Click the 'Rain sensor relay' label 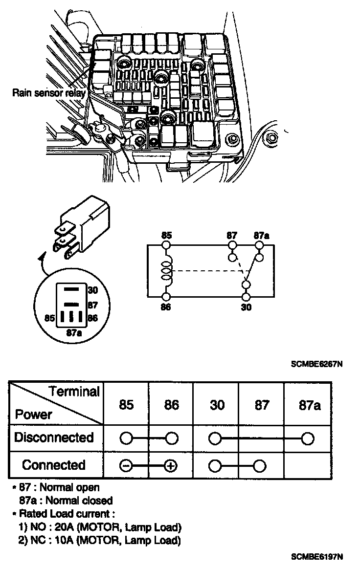tap(49, 92)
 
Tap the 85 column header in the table tap(126, 405)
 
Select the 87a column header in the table tap(310, 405)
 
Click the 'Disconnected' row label tap(54, 437)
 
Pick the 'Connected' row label tap(54, 464)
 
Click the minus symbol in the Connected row tap(126, 466)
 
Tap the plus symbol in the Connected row tap(171, 466)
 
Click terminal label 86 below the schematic tap(166, 307)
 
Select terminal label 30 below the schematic tap(247, 307)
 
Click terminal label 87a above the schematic tap(262, 235)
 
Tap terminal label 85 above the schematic tap(166, 235)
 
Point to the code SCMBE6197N tap(316, 556)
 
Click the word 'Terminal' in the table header tap(74, 391)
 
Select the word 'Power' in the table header tap(34, 415)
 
